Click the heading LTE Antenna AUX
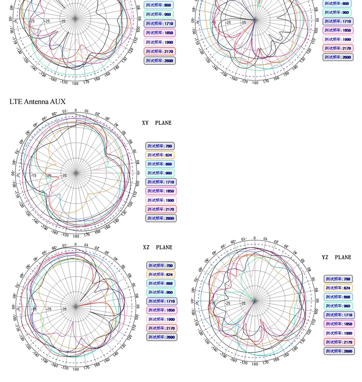point(37,102)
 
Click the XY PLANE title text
point(156,123)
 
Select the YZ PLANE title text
point(336,257)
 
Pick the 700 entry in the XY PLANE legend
point(160,146)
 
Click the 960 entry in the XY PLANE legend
point(160,173)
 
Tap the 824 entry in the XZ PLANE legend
point(161,275)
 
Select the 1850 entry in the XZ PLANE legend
point(161,310)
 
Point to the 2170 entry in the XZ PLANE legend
point(161,328)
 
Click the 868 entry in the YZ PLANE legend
point(338,297)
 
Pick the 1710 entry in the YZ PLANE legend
point(339,315)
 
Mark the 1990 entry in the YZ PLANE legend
point(339,333)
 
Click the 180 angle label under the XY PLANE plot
point(76,236)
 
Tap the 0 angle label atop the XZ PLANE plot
point(76,245)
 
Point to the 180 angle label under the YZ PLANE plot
point(255,364)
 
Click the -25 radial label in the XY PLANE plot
point(49,176)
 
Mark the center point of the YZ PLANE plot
point(255,301)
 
